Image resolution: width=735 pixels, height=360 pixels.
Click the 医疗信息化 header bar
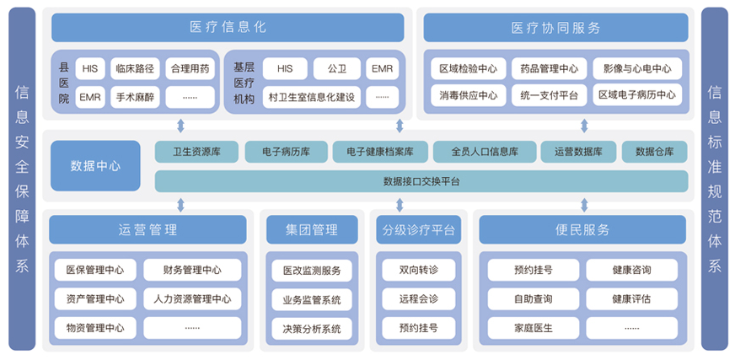point(228,27)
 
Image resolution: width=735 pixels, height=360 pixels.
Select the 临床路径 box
point(135,69)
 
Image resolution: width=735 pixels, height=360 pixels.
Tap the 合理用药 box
point(190,69)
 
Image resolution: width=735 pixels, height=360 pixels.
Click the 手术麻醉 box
point(135,98)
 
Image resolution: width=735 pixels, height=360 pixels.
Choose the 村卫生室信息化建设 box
point(312,98)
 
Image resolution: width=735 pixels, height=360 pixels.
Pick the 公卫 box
point(337,69)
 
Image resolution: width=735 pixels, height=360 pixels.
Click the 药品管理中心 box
point(549,69)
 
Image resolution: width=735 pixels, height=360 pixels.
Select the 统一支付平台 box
point(549,95)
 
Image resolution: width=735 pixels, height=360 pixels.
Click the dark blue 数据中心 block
point(95,166)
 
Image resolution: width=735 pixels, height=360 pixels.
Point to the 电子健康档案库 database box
point(380,152)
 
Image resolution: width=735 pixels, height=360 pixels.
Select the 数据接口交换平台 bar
point(421,181)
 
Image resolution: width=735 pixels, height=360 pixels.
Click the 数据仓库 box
point(655,152)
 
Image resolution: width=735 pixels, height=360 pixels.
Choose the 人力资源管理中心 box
point(192,299)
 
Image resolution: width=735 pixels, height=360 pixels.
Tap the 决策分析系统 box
point(312,329)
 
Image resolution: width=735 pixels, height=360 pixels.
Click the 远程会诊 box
point(419,299)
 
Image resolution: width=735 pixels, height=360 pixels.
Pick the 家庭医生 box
point(534,328)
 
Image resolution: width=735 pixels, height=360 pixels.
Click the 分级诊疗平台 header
point(419,229)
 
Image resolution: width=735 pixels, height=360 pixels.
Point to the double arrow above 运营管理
point(181,206)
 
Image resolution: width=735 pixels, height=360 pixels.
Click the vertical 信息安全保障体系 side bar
point(22,179)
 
